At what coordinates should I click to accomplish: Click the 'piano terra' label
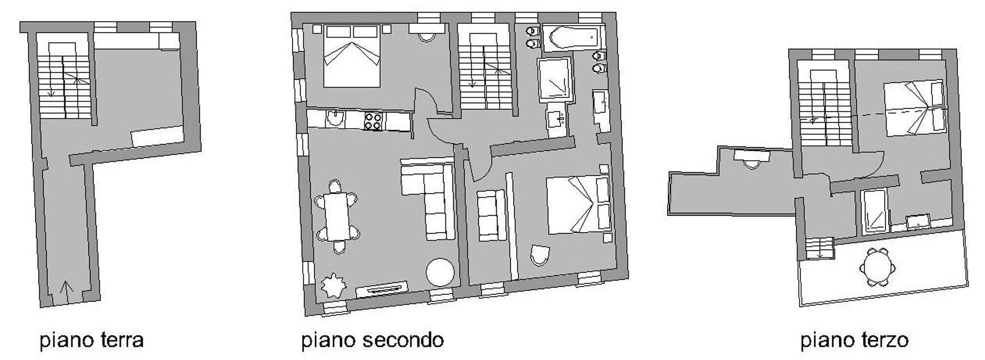click(92, 341)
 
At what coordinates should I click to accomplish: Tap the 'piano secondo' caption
click(372, 341)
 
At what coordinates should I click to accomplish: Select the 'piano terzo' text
click(854, 341)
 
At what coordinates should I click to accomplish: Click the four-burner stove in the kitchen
click(373, 121)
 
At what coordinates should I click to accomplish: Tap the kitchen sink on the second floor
click(334, 119)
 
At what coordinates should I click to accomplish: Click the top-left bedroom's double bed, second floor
click(351, 56)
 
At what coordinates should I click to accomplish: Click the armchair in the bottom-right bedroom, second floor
click(540, 256)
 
